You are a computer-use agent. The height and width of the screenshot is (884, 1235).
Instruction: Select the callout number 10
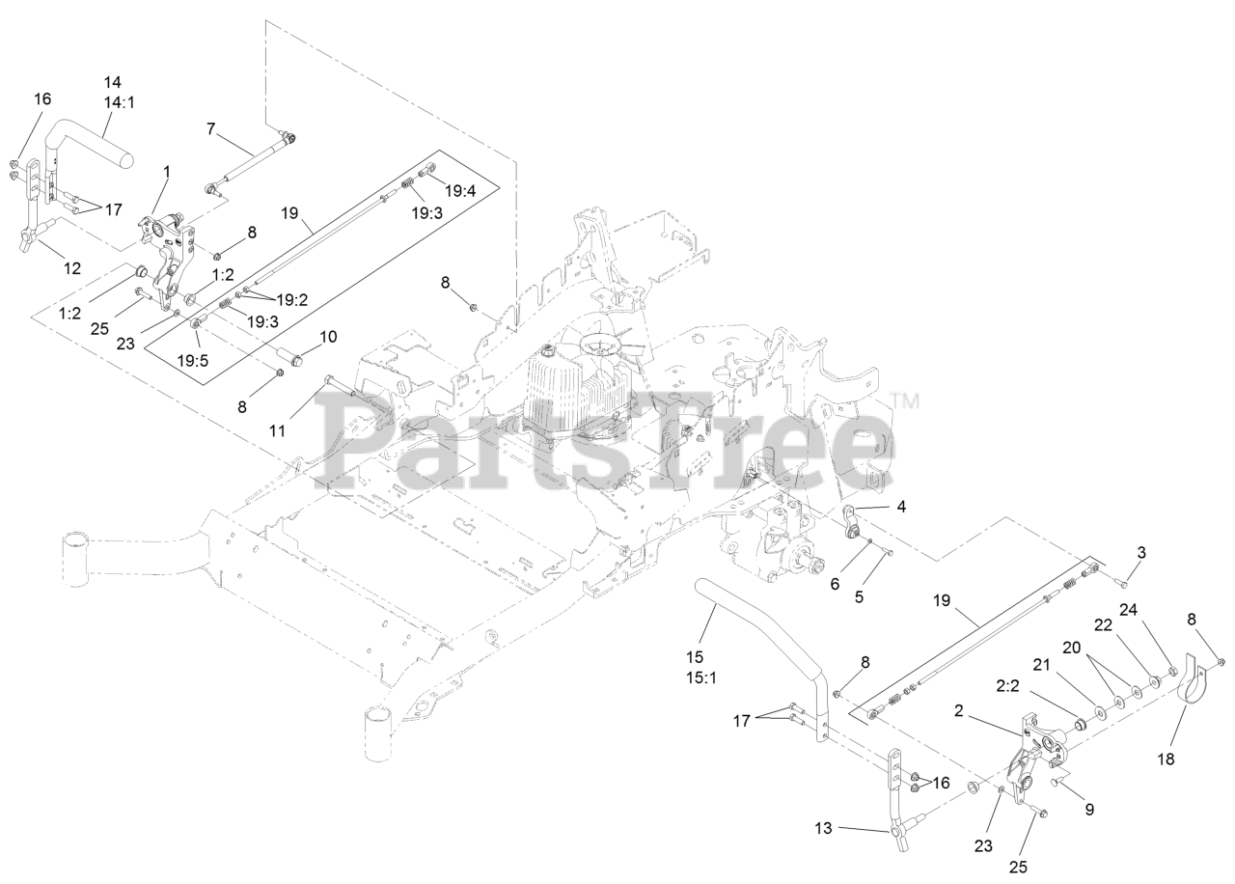click(x=328, y=337)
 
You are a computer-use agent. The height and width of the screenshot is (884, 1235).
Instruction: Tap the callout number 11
click(x=278, y=430)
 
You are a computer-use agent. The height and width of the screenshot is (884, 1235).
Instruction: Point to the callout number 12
click(x=72, y=268)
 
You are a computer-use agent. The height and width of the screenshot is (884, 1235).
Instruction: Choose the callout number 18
click(x=1166, y=760)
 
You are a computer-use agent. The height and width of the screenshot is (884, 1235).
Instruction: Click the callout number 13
click(x=823, y=828)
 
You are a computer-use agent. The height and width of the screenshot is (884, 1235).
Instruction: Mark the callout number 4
click(x=900, y=505)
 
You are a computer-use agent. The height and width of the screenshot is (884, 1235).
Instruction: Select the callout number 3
click(x=1141, y=553)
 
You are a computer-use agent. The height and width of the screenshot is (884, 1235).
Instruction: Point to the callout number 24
click(x=1129, y=609)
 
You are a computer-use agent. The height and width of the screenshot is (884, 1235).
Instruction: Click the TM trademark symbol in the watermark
click(x=904, y=399)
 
